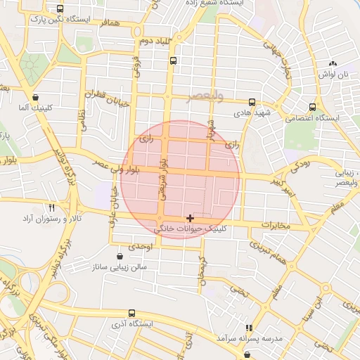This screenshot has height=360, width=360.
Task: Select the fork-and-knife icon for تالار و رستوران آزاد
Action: pyautogui.click(x=51, y=207)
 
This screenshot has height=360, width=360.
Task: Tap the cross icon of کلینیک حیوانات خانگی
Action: pyautogui.click(x=190, y=219)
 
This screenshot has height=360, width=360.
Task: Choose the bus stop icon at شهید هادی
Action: pyautogui.click(x=252, y=102)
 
